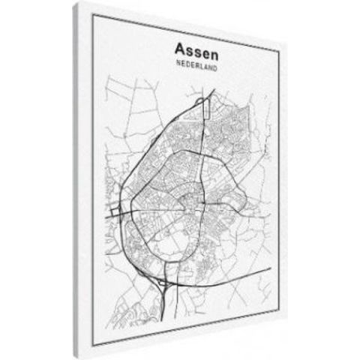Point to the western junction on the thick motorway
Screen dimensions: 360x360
click(x=120, y=215)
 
